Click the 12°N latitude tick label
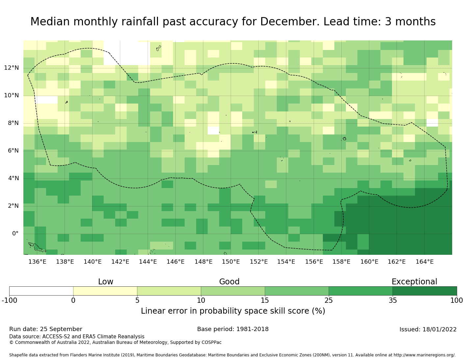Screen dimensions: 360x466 pyautogui.click(x=12, y=68)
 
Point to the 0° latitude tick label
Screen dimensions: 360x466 pyautogui.click(x=15, y=234)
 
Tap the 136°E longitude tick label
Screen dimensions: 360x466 pyautogui.click(x=37, y=262)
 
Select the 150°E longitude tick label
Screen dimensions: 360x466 pyautogui.click(x=231, y=262)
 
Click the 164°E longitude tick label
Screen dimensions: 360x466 pyautogui.click(x=425, y=262)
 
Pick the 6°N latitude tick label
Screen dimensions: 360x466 pyautogui.click(x=12, y=151)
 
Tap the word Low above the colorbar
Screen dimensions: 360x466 pyautogui.click(x=106, y=282)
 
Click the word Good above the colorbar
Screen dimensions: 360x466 pyautogui.click(x=229, y=282)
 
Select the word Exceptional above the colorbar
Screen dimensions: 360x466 pyautogui.click(x=414, y=282)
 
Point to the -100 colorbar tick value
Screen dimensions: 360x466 pyautogui.click(x=9, y=300)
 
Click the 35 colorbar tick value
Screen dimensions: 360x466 pyautogui.click(x=393, y=300)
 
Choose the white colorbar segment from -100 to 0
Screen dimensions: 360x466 pyautogui.click(x=41, y=291)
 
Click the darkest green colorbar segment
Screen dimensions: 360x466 pyautogui.click(x=425, y=291)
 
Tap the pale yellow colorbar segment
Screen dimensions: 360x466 pyautogui.click(x=105, y=291)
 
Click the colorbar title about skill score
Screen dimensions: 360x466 pyautogui.click(x=233, y=311)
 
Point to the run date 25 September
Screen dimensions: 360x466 pyautogui.click(x=61, y=329)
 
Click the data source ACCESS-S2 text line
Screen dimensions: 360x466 pyautogui.click(x=77, y=337)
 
